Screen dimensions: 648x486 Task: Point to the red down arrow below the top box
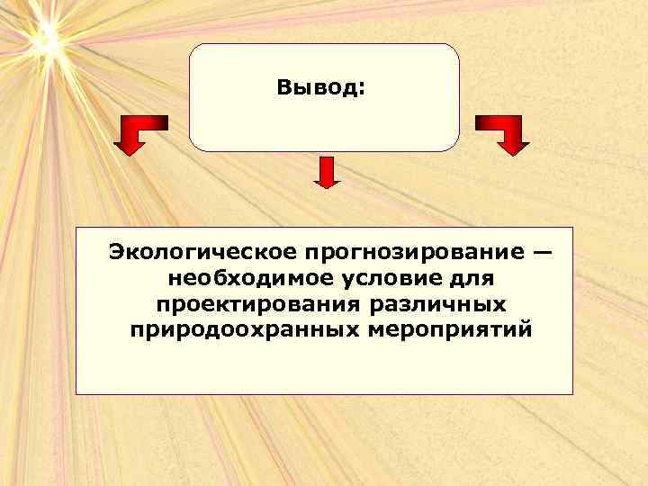tap(327, 171)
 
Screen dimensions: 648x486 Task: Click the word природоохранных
tap(243, 329)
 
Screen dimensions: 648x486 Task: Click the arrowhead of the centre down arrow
tap(327, 184)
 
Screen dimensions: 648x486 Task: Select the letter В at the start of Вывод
tap(284, 88)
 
